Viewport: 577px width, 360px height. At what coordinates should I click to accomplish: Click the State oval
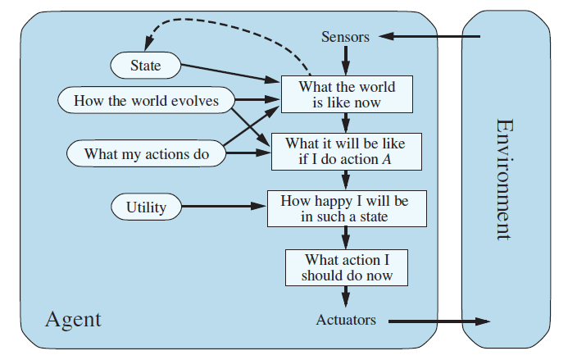tap(145, 65)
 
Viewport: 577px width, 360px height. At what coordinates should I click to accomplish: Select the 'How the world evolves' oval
tap(146, 101)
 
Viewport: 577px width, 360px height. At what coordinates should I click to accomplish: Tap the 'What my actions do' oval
tap(146, 153)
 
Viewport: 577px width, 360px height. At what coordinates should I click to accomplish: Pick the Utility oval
tap(146, 207)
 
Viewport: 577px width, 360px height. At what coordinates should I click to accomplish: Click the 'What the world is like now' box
tap(346, 94)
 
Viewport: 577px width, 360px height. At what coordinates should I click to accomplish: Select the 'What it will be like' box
tap(346, 152)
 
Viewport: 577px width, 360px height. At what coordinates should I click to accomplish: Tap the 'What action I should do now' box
tap(346, 267)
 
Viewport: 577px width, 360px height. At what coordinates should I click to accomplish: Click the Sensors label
tap(345, 37)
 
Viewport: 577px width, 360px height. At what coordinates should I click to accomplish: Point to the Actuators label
tap(346, 320)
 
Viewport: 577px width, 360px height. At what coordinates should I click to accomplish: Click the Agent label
tap(73, 318)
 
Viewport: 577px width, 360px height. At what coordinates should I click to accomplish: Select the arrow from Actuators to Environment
tap(438, 321)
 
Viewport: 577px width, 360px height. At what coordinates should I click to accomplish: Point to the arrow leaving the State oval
tap(229, 72)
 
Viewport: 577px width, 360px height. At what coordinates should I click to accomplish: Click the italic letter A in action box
tap(385, 160)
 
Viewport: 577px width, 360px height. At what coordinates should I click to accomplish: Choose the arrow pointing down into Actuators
tap(346, 296)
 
